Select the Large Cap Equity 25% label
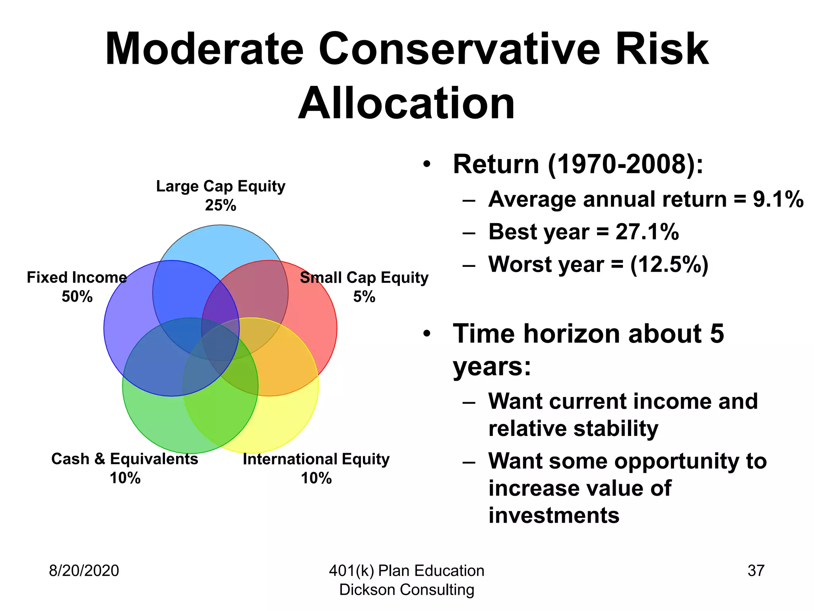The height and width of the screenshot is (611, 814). pyautogui.click(x=221, y=195)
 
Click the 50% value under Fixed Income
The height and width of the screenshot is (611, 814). pyautogui.click(x=77, y=297)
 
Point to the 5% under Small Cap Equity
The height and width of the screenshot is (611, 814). pyautogui.click(x=364, y=297)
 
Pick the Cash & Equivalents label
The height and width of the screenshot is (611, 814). pyautogui.click(x=124, y=459)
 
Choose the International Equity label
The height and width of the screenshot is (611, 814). pyautogui.click(x=316, y=459)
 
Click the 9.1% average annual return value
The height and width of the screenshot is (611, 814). pyautogui.click(x=778, y=199)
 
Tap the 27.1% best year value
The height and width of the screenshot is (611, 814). pyautogui.click(x=647, y=232)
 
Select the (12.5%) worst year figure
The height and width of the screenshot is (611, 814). pyautogui.click(x=669, y=265)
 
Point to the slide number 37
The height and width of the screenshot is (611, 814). pyautogui.click(x=756, y=570)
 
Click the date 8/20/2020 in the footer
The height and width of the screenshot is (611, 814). pyautogui.click(x=84, y=570)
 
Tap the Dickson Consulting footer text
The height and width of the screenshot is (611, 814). pyautogui.click(x=407, y=590)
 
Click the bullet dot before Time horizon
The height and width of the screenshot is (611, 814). pyautogui.click(x=427, y=334)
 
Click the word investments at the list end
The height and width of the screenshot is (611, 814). pyautogui.click(x=554, y=515)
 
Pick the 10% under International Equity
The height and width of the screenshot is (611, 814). pyautogui.click(x=316, y=478)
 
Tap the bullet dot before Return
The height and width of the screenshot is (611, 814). pyautogui.click(x=427, y=164)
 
